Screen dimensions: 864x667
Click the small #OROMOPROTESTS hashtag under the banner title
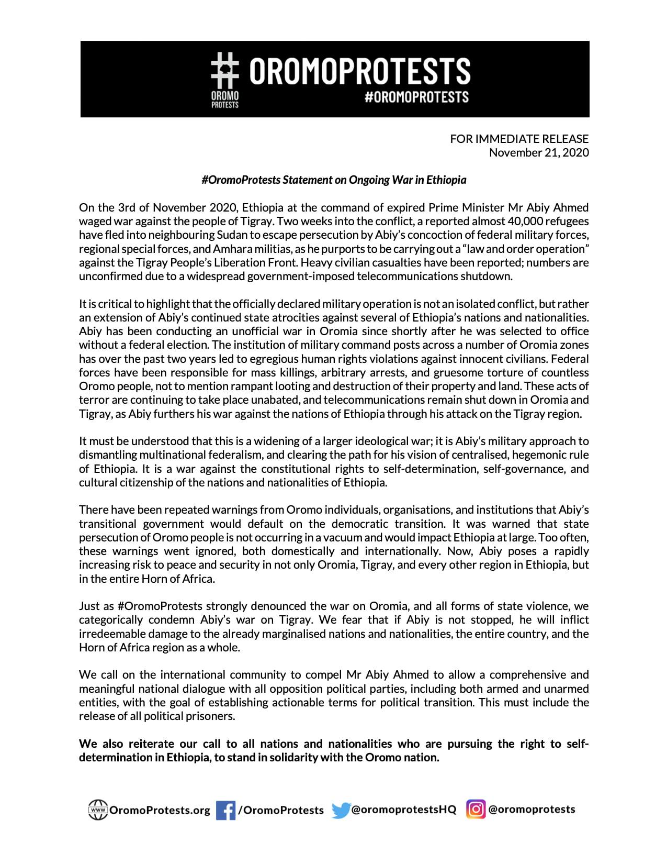(x=416, y=97)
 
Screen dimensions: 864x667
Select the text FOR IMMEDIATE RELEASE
(x=519, y=139)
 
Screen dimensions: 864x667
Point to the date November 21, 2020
(x=538, y=152)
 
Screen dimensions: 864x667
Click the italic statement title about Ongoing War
(x=334, y=180)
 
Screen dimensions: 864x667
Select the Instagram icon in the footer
(x=476, y=810)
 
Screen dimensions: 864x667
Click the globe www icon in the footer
(x=97, y=810)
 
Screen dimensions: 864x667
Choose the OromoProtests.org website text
(x=160, y=811)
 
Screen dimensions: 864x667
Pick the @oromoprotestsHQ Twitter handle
(x=403, y=810)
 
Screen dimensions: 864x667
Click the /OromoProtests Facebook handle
(x=281, y=811)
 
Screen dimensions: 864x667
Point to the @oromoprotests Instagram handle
(x=532, y=810)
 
